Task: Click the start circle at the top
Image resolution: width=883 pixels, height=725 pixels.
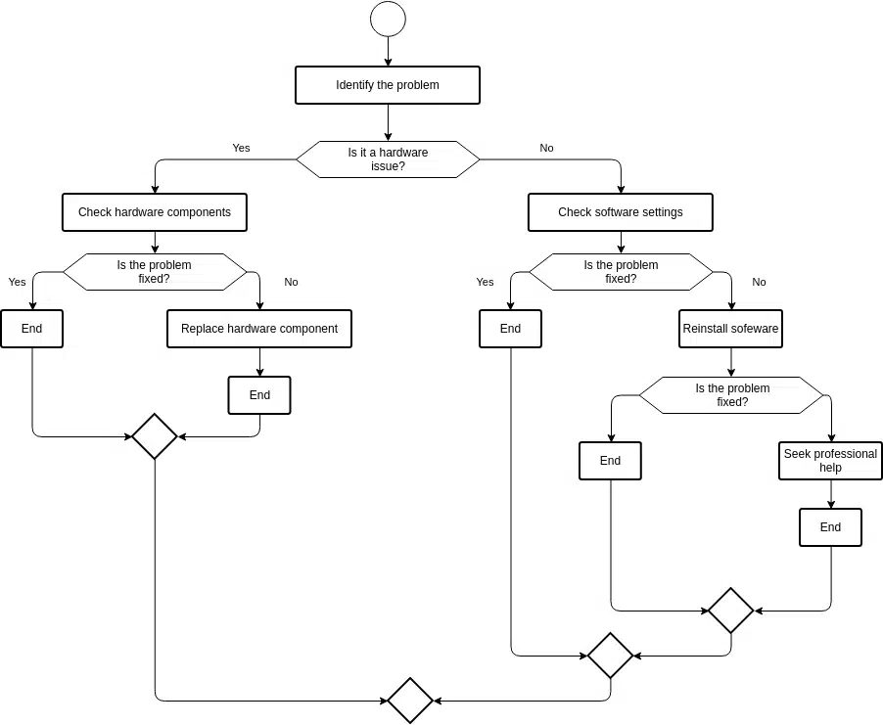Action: [x=388, y=19]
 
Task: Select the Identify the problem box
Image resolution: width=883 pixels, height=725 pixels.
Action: [x=388, y=85]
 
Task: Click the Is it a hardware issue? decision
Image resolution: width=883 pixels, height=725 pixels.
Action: [x=388, y=159]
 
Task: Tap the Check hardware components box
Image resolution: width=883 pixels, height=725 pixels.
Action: [x=155, y=212]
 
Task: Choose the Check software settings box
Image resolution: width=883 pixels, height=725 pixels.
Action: [x=620, y=212]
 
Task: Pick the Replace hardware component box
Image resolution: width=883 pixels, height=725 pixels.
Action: [x=259, y=329]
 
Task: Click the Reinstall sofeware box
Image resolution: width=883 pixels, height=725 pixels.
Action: [x=730, y=329]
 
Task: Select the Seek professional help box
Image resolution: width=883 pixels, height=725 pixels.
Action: [x=830, y=461]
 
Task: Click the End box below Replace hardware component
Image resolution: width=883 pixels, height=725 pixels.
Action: [x=259, y=395]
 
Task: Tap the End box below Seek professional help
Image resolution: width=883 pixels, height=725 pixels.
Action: [x=830, y=527]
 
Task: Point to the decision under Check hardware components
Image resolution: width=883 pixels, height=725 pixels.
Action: [x=155, y=272]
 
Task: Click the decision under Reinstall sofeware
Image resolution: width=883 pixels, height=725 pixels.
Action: [x=731, y=395]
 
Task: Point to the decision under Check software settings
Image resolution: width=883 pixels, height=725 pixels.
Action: [x=621, y=272]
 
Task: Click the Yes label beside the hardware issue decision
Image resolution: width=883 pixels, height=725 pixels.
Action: [x=241, y=148]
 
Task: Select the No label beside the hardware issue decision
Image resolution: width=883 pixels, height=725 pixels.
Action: [x=546, y=148]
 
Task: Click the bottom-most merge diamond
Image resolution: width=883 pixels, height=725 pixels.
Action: [x=410, y=701]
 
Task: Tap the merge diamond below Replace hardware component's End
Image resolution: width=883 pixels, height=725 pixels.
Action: [x=155, y=436]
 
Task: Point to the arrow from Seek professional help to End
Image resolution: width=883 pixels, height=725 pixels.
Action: [x=831, y=494]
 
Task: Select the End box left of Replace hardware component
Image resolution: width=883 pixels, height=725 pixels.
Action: [x=31, y=329]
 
